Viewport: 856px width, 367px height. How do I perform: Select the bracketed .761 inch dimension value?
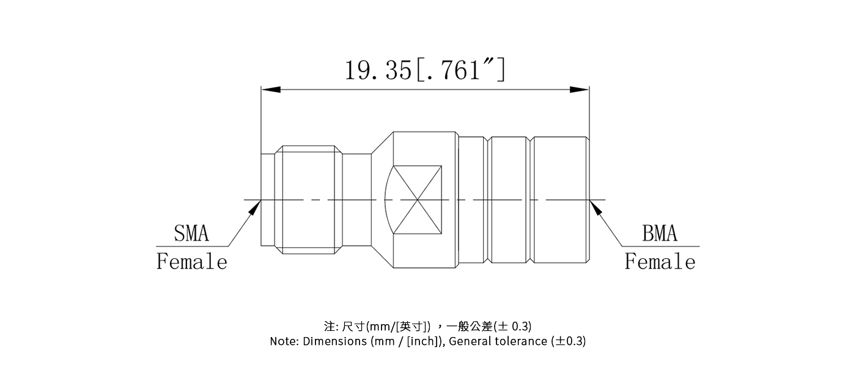[x=460, y=70]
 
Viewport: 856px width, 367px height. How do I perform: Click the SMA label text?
[x=191, y=234]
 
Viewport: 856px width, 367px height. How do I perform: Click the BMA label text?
[x=660, y=234]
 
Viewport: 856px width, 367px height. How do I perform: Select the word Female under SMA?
[x=192, y=262]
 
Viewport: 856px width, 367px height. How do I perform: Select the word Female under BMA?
[x=660, y=262]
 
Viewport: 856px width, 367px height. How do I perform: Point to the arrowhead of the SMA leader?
[x=253, y=208]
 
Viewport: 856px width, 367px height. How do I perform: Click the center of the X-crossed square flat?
[x=418, y=200]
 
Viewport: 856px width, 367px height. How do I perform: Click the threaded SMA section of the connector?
[x=308, y=200]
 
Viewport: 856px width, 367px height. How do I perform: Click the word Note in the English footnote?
[x=284, y=341]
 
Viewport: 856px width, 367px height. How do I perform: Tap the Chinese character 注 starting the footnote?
[x=329, y=325]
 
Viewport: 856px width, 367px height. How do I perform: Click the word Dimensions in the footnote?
[x=334, y=341]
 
